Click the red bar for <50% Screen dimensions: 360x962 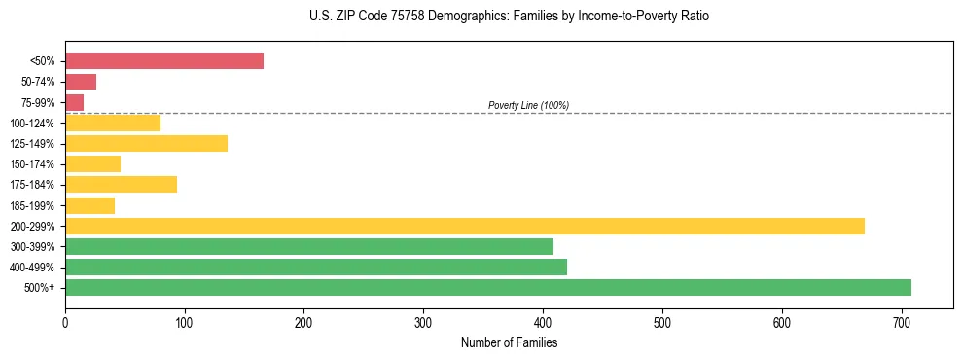pos(164,61)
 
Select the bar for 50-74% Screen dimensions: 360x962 pos(81,82)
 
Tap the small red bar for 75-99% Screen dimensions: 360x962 pos(75,102)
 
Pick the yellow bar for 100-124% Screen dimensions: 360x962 pos(113,123)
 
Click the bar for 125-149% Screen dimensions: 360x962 pos(146,143)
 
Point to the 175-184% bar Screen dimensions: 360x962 pos(121,185)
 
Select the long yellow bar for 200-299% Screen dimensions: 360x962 pos(465,226)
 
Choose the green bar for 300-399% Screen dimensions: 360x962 pos(309,246)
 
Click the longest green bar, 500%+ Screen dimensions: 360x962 pos(488,287)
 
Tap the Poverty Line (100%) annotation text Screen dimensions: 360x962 pos(528,105)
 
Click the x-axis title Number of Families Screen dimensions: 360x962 pos(509,342)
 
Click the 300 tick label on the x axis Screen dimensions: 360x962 pos(423,321)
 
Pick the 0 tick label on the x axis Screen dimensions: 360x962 pos(65,321)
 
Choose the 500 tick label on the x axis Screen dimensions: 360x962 pos(662,321)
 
